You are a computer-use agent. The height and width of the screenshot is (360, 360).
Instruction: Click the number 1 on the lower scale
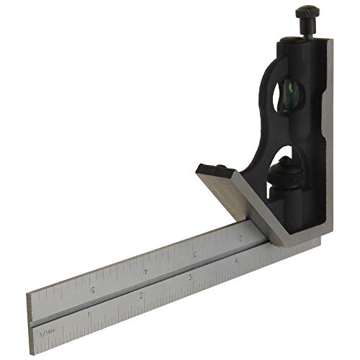(89, 315)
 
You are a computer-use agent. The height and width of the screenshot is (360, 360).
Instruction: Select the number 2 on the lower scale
(141, 296)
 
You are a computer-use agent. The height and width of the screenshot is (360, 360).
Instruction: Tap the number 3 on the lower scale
(189, 278)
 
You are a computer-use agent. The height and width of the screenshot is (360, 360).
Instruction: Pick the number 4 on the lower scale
(236, 261)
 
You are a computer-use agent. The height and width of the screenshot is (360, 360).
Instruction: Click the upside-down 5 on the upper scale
(93, 289)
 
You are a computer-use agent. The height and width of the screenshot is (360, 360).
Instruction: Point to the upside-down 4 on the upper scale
(146, 271)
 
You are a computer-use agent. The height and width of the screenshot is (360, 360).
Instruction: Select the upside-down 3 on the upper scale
(195, 254)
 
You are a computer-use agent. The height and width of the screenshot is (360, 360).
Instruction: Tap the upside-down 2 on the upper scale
(239, 237)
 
